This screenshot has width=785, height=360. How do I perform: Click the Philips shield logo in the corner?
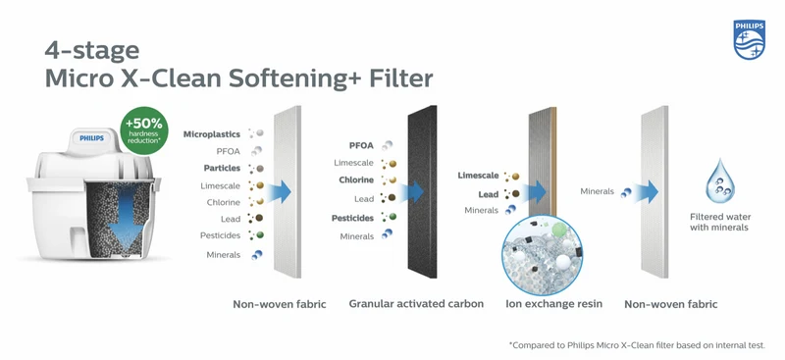749,40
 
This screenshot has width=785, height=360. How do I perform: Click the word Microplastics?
212,134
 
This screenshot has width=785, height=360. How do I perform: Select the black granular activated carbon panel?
422,191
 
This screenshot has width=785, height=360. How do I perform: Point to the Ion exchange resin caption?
553,303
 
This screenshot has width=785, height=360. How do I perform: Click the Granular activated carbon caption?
416,303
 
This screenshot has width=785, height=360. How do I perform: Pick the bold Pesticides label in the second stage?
352,219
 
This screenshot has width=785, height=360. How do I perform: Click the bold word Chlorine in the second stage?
356,180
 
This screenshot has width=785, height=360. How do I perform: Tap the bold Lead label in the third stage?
488,194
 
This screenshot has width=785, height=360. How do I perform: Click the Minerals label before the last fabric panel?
597,191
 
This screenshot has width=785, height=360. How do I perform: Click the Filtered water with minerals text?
720,223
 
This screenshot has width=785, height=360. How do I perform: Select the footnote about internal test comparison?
637,345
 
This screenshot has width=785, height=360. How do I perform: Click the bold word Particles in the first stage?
222,169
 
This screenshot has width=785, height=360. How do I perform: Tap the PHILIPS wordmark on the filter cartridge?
92,137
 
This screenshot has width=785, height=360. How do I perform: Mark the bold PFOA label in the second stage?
361,146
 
